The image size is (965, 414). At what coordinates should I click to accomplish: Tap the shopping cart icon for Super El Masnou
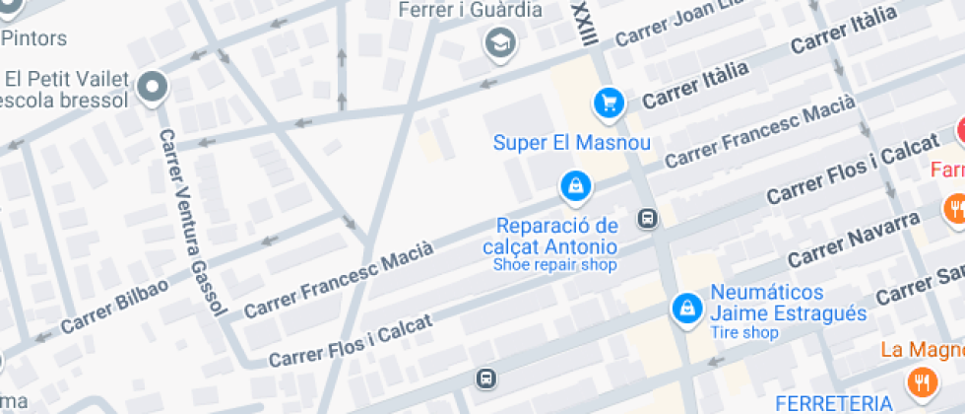pos(609,102)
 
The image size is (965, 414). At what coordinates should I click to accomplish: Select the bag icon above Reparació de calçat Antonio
pos(573,184)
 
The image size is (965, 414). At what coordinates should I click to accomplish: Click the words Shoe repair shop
pos(555,264)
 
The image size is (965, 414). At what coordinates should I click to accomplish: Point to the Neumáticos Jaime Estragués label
pos(788,305)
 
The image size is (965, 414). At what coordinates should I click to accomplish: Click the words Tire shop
pos(744,333)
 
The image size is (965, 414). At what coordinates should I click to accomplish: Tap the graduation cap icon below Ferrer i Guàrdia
pos(501,43)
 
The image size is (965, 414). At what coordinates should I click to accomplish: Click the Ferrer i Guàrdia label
pos(471,10)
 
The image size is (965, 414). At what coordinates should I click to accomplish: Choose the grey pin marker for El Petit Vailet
pos(153,89)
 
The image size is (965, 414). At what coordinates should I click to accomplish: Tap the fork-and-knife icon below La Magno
pos(922,382)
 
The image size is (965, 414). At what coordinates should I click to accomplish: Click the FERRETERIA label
pos(833,403)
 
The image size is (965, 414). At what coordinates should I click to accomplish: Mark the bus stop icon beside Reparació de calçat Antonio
pos(647,219)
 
